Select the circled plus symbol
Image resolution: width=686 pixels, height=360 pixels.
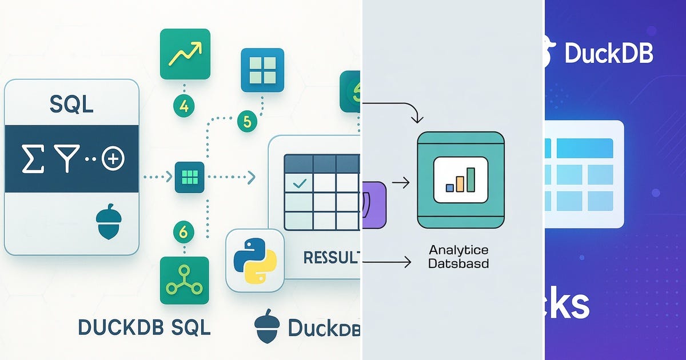113,159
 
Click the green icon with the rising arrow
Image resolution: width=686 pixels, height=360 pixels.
185,54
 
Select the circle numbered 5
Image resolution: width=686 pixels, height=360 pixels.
247,121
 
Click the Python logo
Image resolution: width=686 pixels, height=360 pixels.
255,259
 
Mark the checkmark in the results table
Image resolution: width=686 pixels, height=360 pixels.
299,183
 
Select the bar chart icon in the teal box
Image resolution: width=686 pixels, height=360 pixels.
461,180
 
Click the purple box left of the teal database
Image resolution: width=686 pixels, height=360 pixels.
374,205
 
